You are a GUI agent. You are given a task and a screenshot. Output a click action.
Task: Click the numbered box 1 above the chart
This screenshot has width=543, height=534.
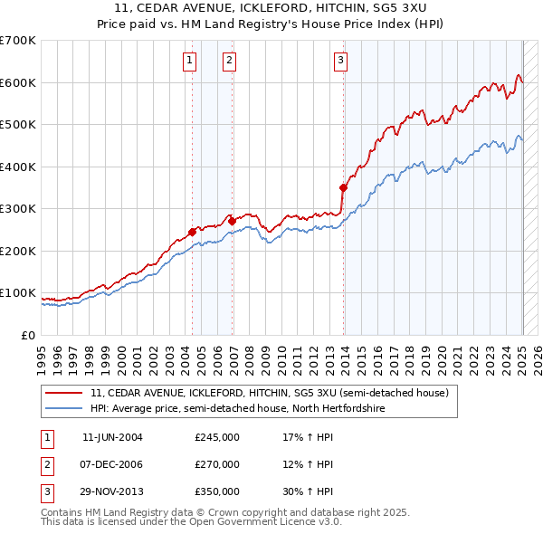[190, 61]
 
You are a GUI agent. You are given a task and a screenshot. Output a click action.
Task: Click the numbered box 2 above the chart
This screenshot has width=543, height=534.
[230, 61]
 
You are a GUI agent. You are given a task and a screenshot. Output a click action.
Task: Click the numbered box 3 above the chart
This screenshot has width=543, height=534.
[341, 61]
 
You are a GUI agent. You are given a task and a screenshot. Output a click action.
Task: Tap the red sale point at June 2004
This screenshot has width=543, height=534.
[193, 232]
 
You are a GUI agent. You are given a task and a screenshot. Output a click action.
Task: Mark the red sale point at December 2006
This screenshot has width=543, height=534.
[233, 220]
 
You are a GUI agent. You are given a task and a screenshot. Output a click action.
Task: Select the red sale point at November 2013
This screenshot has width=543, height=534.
[344, 188]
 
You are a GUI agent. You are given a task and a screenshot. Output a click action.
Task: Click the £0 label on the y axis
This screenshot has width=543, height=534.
[27, 335]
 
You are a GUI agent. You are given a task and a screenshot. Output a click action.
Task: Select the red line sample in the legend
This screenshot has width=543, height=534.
[65, 394]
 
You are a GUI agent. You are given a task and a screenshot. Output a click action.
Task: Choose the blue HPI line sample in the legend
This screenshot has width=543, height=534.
[65, 408]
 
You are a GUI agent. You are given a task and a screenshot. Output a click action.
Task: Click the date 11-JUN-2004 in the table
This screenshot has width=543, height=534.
[112, 438]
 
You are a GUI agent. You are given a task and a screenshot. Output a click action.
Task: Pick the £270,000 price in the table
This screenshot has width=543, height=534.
[217, 464]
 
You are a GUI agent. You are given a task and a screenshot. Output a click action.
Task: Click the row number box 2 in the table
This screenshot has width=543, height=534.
[46, 464]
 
